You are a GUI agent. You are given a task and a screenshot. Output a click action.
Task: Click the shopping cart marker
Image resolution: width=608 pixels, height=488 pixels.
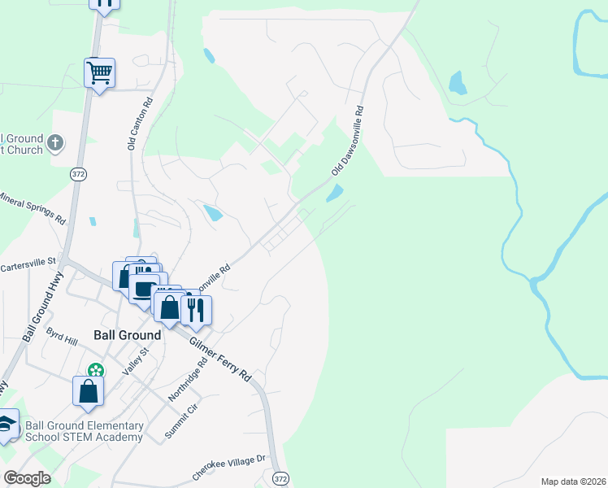[x=99, y=73]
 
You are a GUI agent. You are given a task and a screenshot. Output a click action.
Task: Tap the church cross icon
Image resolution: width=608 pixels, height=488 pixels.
[x=55, y=144]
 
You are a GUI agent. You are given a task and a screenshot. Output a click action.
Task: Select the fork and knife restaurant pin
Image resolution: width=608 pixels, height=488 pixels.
[x=195, y=310]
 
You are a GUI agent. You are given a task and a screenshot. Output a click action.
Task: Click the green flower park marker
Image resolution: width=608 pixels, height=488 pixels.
[x=97, y=371]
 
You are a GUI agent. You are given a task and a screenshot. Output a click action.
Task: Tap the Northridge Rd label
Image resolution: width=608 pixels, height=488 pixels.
[x=183, y=381]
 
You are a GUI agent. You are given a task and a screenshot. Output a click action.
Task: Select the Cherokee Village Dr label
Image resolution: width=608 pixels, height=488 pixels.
[x=229, y=465]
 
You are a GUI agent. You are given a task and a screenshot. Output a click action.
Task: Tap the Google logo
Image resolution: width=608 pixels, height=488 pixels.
[x=27, y=478]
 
